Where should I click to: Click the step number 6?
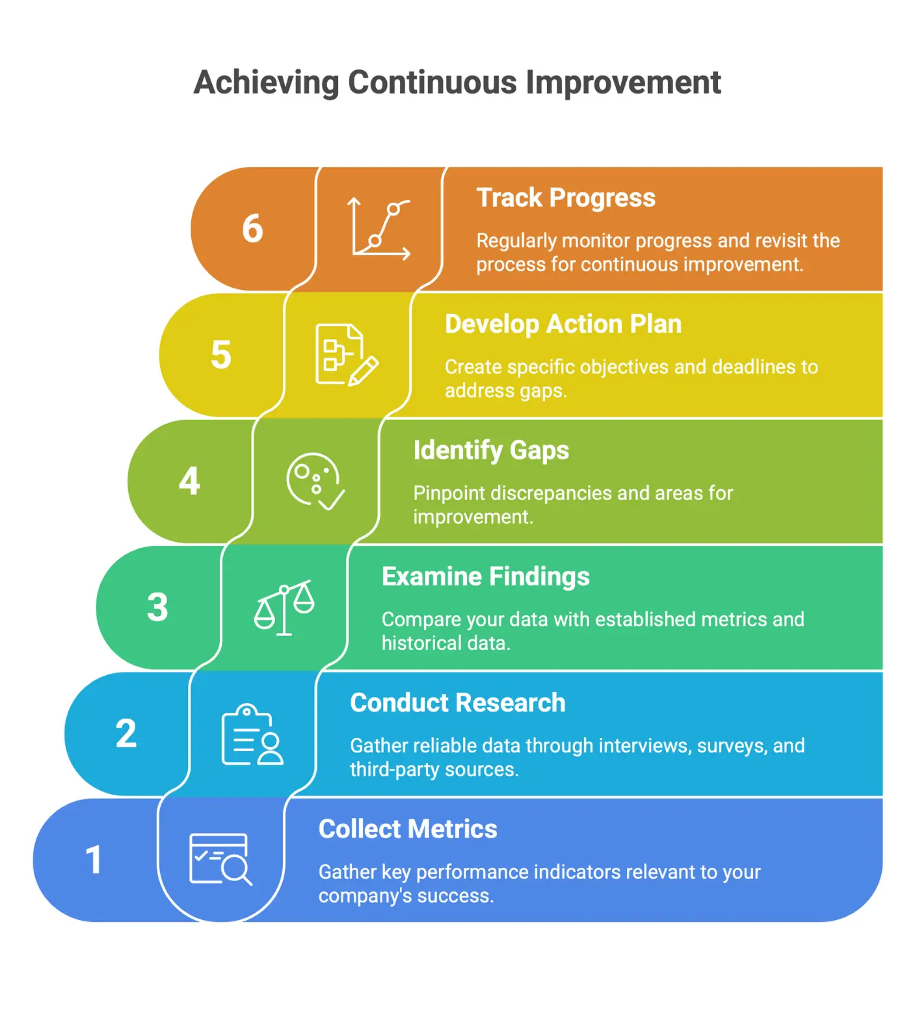(252, 229)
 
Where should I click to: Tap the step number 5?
(221, 355)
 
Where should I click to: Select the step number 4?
(189, 481)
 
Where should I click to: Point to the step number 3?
(157, 607)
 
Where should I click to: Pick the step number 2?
(126, 734)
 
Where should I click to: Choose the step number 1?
(94, 860)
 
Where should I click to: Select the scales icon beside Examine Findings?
(284, 607)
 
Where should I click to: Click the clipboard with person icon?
(252, 734)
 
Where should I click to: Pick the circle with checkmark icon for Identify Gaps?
(315, 481)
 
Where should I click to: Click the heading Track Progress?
(566, 198)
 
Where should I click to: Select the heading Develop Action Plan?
(563, 324)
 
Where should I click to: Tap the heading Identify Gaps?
(491, 450)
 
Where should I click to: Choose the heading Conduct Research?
(458, 702)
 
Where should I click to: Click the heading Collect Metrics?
(408, 828)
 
